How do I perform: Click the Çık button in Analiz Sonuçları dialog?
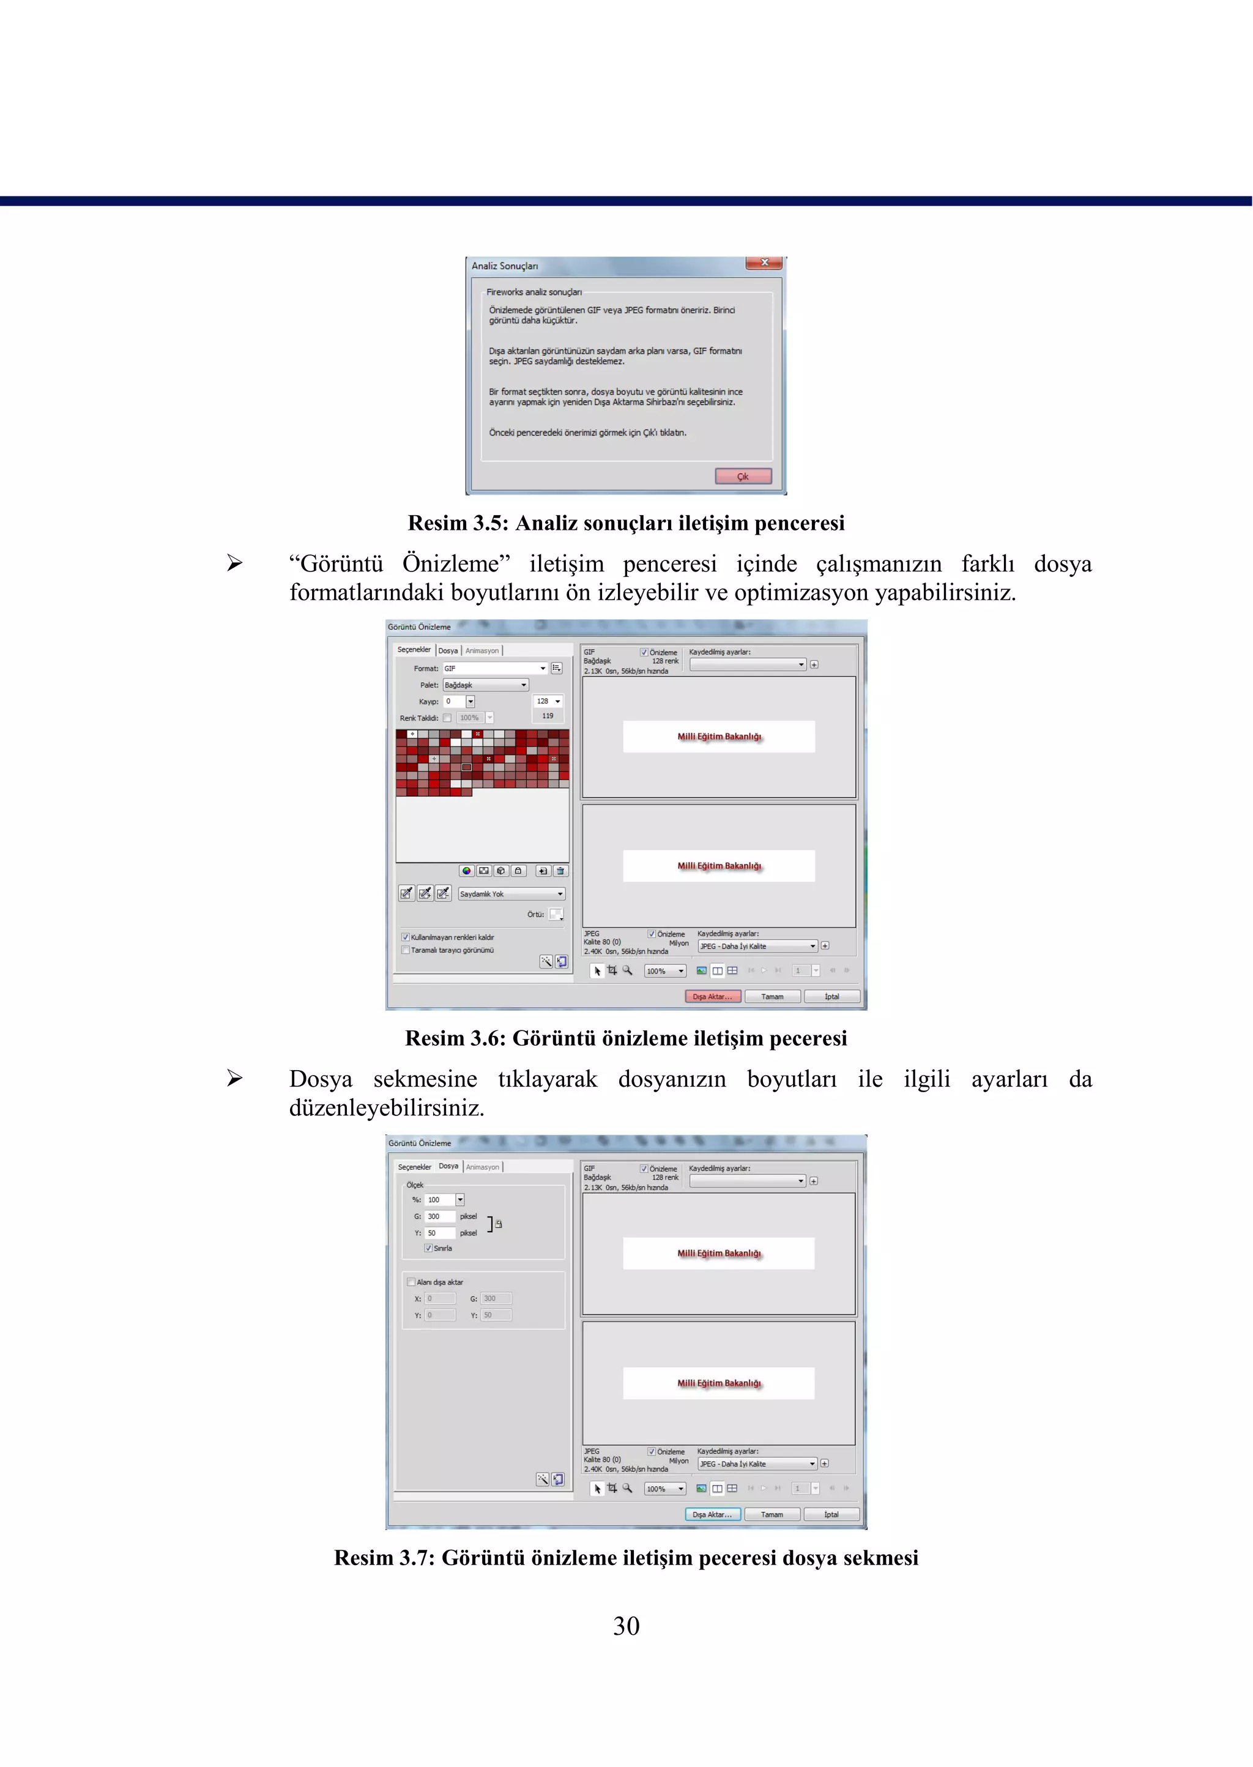tap(742, 476)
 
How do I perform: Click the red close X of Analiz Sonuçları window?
tap(764, 263)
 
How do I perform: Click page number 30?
tap(626, 1626)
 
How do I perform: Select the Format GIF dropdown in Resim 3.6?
tap(494, 668)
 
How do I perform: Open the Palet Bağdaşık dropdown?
tap(485, 685)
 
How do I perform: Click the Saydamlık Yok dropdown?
tap(511, 893)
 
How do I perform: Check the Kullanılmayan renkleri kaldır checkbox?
tap(405, 937)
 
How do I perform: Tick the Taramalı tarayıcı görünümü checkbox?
tap(405, 950)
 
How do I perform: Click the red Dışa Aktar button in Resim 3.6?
tap(712, 996)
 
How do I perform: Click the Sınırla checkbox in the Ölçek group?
tap(428, 1248)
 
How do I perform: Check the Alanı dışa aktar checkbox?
tap(411, 1282)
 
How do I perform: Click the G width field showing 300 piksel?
tap(439, 1216)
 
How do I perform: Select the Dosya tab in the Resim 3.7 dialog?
tap(448, 1166)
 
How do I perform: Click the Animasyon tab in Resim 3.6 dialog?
tap(481, 650)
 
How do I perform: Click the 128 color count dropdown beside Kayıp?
tap(548, 701)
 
